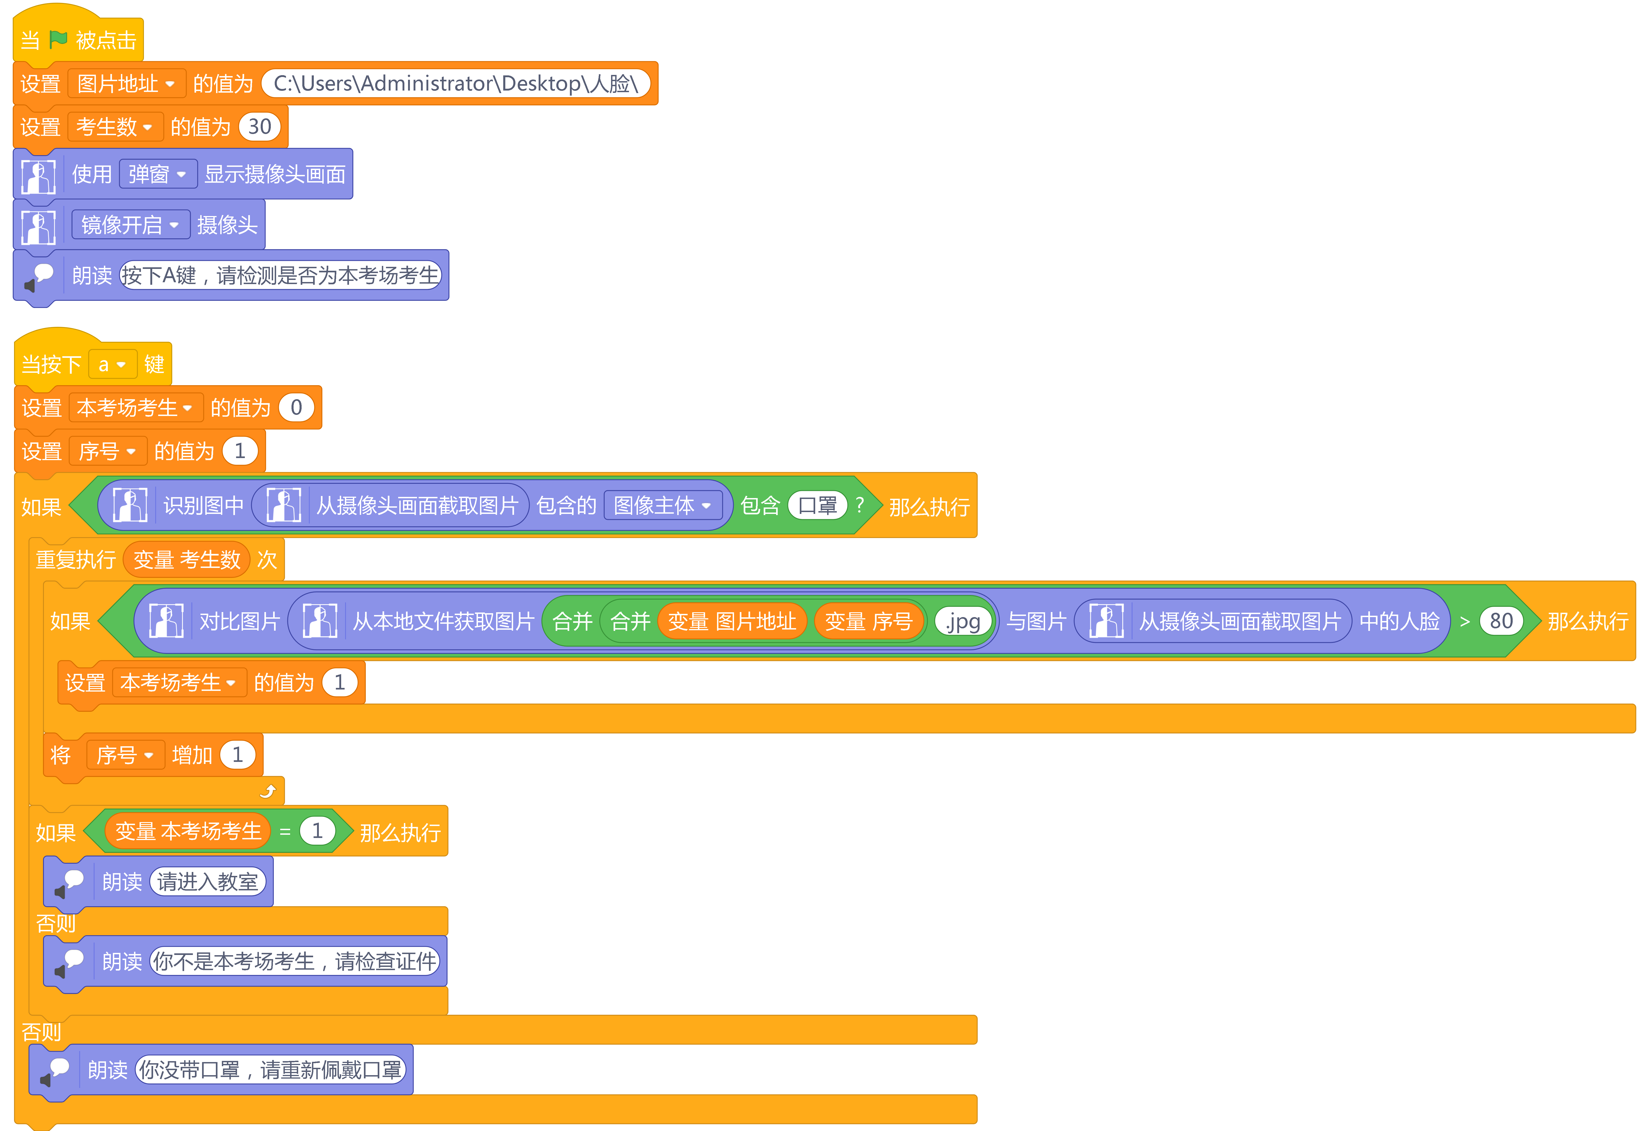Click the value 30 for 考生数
pyautogui.click(x=260, y=127)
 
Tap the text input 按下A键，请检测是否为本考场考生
pyautogui.click(x=280, y=275)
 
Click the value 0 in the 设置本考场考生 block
pyautogui.click(x=297, y=408)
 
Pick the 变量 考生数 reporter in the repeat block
pyautogui.click(x=187, y=560)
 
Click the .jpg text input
pyautogui.click(x=963, y=621)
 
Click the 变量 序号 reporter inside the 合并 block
pyautogui.click(x=869, y=621)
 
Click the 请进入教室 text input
pyautogui.click(x=208, y=882)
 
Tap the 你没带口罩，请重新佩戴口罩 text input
pyautogui.click(x=270, y=1070)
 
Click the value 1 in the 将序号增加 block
pyautogui.click(x=238, y=755)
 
